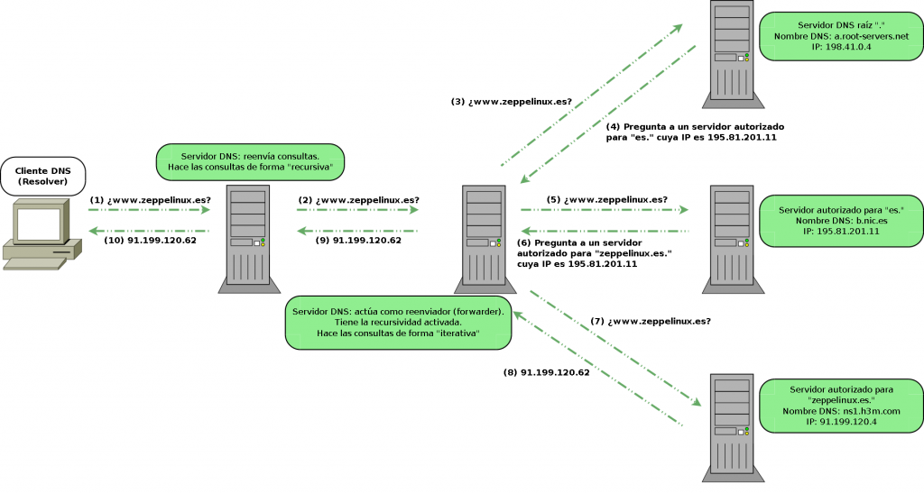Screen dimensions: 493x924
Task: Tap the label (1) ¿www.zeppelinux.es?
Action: (x=151, y=199)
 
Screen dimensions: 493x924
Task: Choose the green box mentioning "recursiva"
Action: (x=250, y=161)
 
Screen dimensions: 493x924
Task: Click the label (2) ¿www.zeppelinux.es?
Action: (x=358, y=199)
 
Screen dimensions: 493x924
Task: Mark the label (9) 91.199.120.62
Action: (x=358, y=240)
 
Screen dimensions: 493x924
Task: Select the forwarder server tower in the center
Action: (x=488, y=239)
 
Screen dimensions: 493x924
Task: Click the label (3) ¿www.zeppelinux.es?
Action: (x=512, y=102)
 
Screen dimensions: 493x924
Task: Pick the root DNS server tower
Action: (x=730, y=50)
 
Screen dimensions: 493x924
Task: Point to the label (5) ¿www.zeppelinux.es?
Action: (x=607, y=199)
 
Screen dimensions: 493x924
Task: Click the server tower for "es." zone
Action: (x=730, y=239)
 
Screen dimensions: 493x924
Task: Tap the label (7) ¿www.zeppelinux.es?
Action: (x=651, y=321)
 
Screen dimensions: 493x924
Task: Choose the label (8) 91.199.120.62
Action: (x=547, y=372)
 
